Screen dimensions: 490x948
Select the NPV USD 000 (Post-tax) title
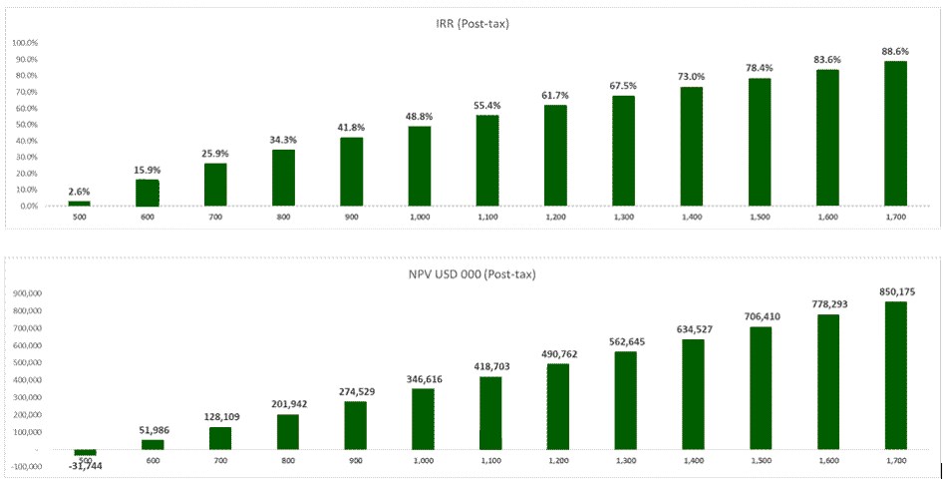pyautogui.click(x=473, y=271)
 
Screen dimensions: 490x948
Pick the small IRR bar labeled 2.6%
pyautogui.click(x=80, y=204)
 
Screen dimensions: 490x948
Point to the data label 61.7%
pyautogui.click(x=555, y=95)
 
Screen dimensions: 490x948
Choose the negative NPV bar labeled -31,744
pyautogui.click(x=85, y=452)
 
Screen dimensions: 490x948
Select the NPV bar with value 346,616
pyautogui.click(x=424, y=419)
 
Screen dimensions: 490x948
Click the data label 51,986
pyautogui.click(x=153, y=430)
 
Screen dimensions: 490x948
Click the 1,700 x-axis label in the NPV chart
pyautogui.click(x=895, y=460)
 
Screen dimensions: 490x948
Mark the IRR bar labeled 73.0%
pyautogui.click(x=692, y=147)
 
